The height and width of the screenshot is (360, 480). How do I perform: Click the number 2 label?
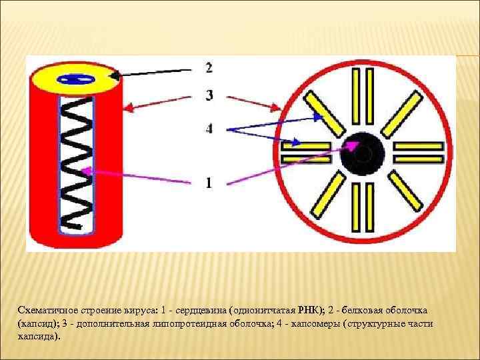click(x=209, y=67)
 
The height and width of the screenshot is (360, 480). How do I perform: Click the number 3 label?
click(x=209, y=96)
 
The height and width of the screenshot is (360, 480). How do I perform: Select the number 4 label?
click(x=209, y=129)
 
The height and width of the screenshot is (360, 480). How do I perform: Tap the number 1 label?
click(x=209, y=182)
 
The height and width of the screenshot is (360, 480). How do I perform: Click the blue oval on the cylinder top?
click(x=77, y=80)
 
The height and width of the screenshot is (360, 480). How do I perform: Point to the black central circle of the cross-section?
click(x=361, y=154)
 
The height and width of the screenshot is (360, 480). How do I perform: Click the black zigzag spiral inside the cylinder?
click(x=79, y=163)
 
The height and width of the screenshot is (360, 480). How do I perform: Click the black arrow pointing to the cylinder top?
click(x=153, y=72)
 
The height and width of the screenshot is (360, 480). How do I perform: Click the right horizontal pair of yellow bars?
click(x=419, y=153)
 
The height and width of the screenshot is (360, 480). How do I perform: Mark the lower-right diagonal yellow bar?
click(x=404, y=195)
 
